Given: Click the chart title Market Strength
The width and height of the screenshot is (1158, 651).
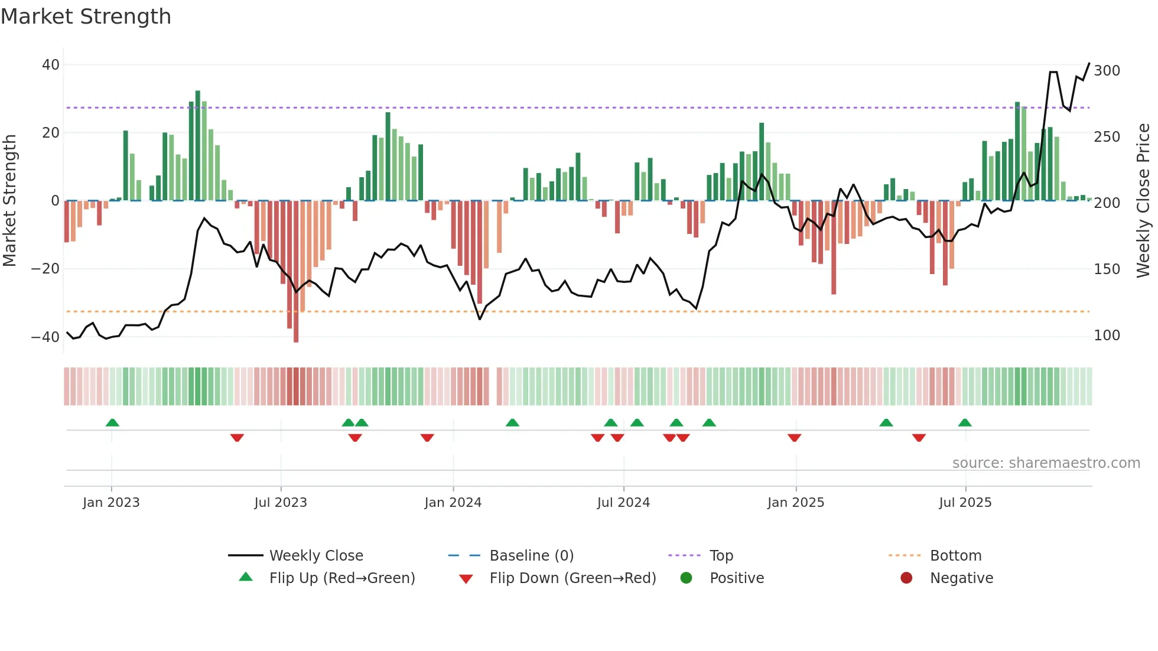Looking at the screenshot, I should (86, 17).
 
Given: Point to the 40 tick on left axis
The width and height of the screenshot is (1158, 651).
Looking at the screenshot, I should (51, 65).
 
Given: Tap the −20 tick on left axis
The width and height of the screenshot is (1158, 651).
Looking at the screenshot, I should (45, 269).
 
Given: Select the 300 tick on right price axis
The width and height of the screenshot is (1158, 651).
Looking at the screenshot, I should (1107, 71).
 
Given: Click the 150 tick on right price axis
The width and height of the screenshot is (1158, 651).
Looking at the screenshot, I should (1107, 269).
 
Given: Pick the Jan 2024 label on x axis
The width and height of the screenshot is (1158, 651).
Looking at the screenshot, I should (453, 503).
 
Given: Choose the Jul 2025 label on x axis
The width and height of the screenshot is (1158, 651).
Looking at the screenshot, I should (965, 503).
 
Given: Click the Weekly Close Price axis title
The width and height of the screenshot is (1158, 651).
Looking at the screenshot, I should (1143, 201).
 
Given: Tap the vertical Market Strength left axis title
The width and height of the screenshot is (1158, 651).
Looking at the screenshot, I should (9, 201).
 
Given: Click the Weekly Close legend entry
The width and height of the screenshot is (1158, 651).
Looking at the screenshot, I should (316, 556).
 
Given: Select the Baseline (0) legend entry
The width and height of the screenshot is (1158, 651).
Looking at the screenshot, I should (531, 556).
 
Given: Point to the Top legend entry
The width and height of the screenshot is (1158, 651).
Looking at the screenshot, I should (721, 556).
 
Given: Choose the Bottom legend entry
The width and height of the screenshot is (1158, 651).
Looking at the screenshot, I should (955, 556).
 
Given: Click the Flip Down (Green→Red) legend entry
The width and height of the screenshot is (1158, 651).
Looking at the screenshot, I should (572, 578).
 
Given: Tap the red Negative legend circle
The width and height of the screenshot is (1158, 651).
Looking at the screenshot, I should (906, 578).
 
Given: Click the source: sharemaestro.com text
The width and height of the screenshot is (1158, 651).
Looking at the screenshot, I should (1046, 463).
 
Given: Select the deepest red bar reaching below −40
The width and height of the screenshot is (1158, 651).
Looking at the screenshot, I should (296, 272).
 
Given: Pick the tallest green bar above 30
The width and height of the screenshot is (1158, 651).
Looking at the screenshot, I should (198, 145).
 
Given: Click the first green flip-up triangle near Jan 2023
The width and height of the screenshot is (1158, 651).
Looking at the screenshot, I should (112, 422).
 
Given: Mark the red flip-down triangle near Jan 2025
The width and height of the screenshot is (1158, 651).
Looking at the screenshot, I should (794, 438).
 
